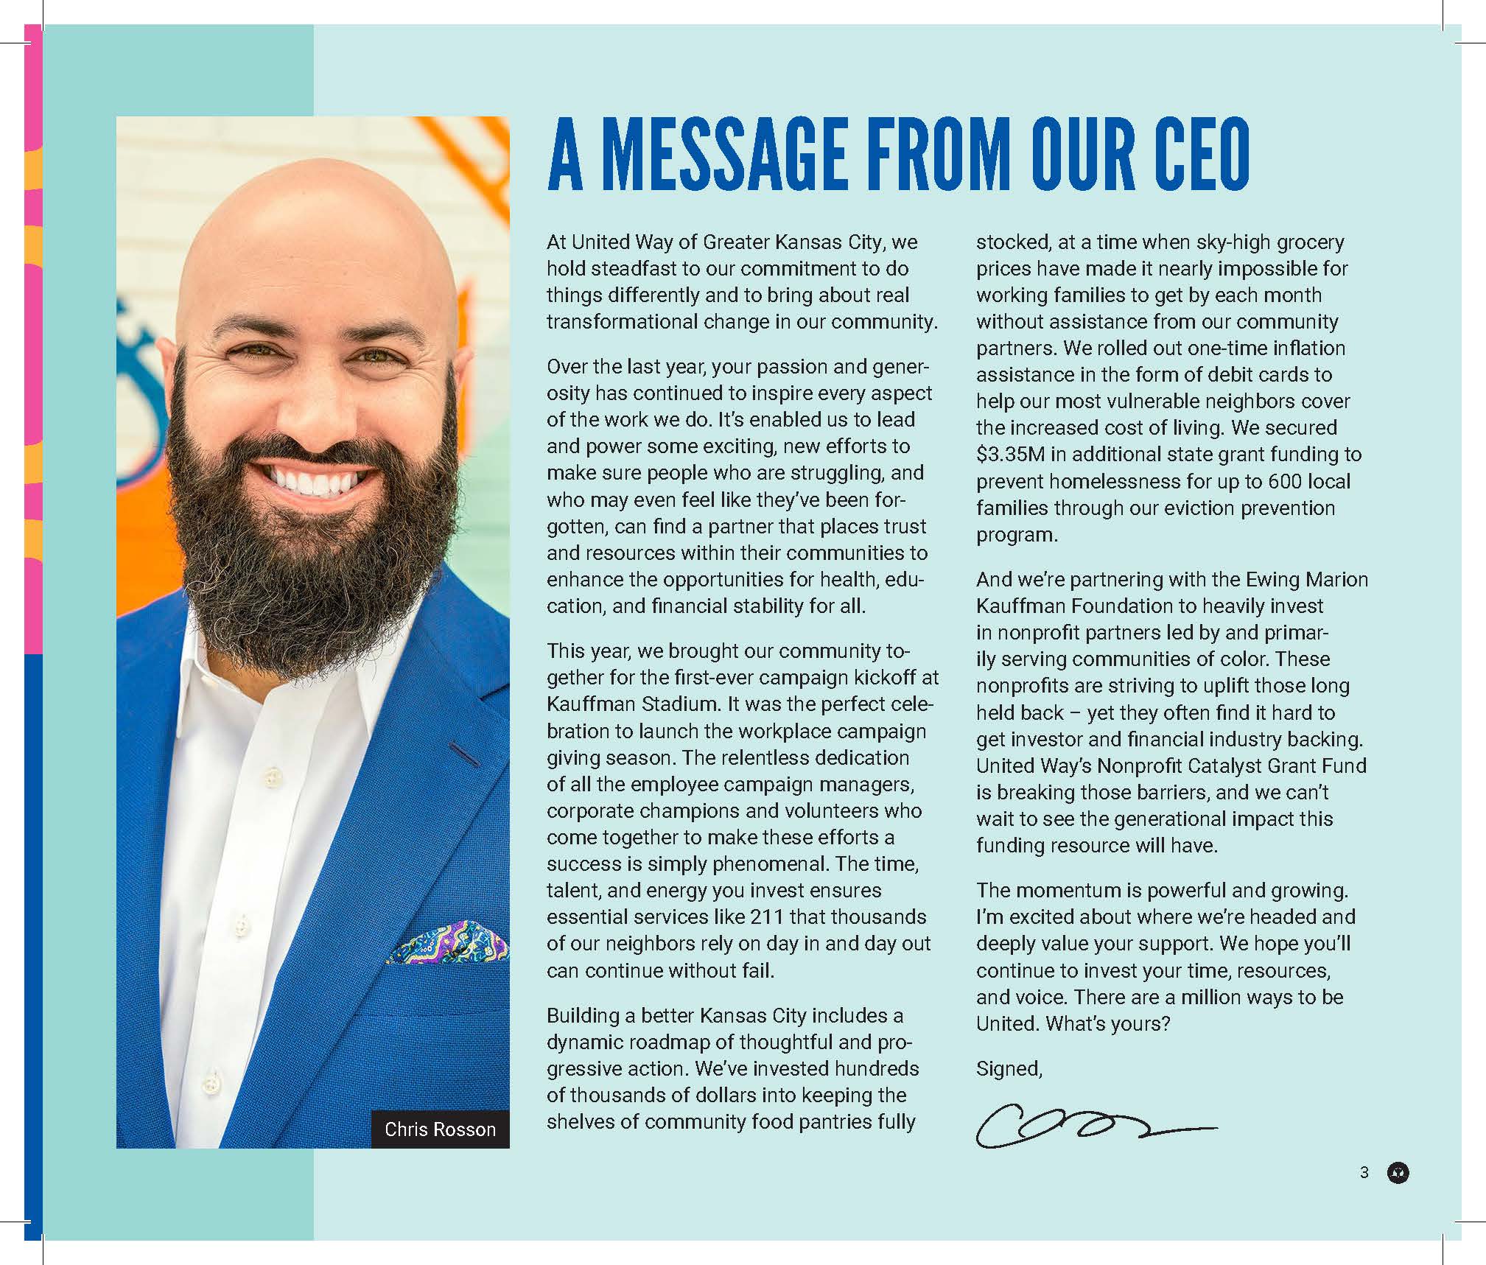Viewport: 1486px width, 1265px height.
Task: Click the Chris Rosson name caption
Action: click(440, 1129)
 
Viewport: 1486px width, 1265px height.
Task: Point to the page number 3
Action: click(1364, 1172)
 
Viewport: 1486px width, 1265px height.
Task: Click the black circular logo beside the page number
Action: click(1398, 1173)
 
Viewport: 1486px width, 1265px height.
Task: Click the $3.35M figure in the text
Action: click(1010, 455)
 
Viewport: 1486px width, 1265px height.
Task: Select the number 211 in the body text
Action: click(767, 917)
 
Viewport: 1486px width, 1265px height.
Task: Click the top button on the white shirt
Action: click(273, 775)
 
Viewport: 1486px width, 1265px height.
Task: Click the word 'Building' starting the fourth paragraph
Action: click(583, 1016)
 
